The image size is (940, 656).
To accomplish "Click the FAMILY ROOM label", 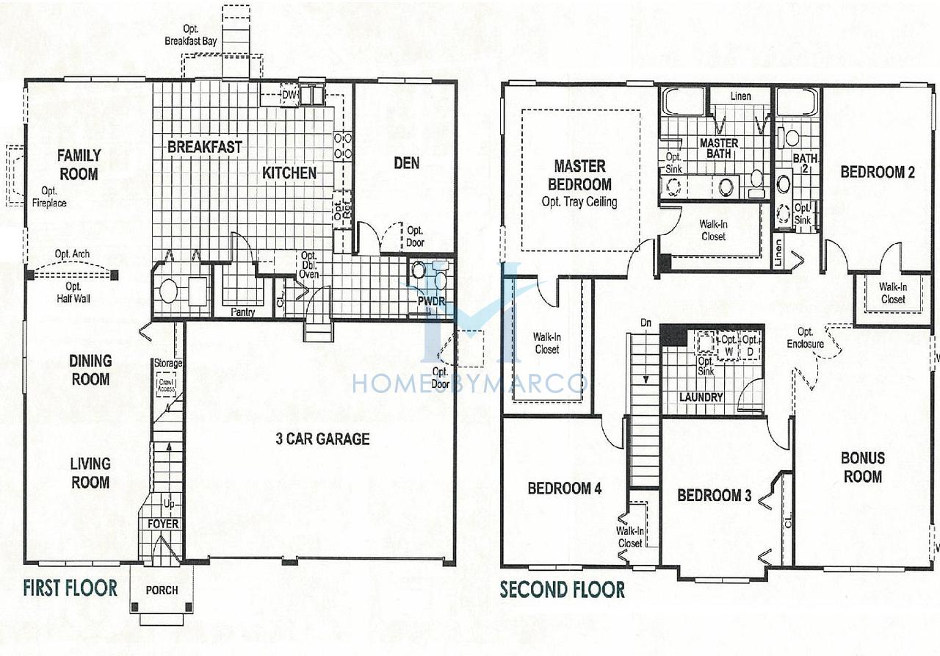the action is click(x=79, y=165).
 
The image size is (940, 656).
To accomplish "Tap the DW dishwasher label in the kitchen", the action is click(x=289, y=95).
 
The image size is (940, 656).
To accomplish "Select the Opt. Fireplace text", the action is click(x=49, y=198).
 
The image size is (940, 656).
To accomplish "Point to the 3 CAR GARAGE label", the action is click(x=322, y=439).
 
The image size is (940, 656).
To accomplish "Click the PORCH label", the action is click(x=162, y=590).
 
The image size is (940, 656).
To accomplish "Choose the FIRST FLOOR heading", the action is click(x=70, y=588).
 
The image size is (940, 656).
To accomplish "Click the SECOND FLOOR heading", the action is click(x=563, y=590).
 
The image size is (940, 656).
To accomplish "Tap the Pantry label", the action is click(x=243, y=312).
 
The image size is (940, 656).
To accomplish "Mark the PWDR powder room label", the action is click(x=431, y=301).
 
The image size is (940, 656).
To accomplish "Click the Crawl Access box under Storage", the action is click(x=166, y=386).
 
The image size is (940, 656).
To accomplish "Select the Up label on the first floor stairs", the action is click(x=169, y=504).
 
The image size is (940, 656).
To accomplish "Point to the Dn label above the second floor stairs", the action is click(x=646, y=322).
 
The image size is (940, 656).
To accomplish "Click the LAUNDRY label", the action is click(x=701, y=397).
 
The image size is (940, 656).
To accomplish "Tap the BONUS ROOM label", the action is click(x=863, y=467).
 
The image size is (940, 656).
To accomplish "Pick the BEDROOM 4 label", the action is click(x=565, y=489).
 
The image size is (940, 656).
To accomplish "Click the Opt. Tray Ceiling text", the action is click(x=579, y=202).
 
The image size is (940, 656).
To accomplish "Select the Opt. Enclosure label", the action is click(x=806, y=338).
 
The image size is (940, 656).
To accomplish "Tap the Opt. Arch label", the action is click(x=72, y=254).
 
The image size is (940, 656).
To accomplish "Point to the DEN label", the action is click(x=407, y=163).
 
